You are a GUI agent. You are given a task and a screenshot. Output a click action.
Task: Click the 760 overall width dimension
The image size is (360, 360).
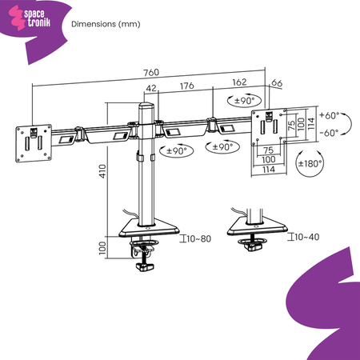pos(151,73)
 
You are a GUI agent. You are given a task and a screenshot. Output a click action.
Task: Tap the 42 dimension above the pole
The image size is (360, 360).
pos(151,88)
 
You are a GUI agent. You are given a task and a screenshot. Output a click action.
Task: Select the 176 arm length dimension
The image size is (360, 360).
pos(187,86)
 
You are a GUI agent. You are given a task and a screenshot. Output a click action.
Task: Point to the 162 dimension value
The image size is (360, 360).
pos(239,82)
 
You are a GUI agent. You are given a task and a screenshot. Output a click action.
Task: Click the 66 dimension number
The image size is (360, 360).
pos(277,83)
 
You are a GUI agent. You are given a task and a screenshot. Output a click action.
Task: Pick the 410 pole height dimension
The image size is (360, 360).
pos(102,171)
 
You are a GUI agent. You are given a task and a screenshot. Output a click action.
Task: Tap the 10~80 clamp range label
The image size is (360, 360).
pos(198,238)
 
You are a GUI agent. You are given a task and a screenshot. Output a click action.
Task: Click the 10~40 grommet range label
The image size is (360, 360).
pos(307,237)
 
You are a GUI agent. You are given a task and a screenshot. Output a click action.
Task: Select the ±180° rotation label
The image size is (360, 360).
pos(310,163)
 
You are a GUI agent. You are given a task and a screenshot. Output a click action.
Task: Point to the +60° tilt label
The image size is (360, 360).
pos(330,115)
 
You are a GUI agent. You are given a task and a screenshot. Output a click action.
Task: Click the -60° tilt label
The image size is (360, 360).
pos(329,133)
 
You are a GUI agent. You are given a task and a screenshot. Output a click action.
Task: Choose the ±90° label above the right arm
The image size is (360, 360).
pos(245,101)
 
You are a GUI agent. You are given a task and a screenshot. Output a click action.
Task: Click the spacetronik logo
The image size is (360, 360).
pos(30,18)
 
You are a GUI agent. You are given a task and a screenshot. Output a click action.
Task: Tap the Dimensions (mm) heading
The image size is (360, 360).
pos(106,24)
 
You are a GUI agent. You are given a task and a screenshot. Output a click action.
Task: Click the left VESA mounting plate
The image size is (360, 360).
pos(34,143)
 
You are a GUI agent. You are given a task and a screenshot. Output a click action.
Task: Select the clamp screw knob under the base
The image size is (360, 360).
pos(145,266)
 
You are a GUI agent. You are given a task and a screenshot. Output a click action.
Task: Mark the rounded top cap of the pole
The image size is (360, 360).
pos(146,105)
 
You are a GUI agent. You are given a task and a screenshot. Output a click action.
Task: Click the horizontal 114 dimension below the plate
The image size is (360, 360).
pos(269,170)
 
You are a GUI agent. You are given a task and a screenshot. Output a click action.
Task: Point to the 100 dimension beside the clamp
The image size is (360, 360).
pos(102,248)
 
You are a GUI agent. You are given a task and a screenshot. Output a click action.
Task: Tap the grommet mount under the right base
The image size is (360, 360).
pos(252,244)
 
